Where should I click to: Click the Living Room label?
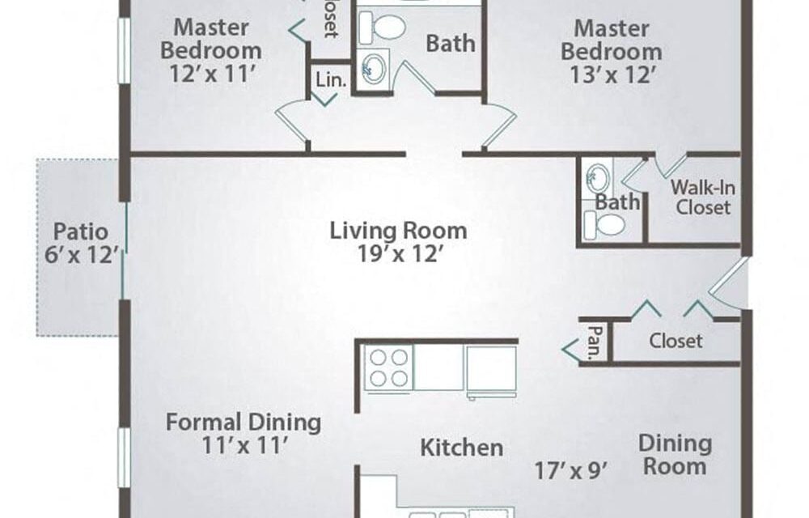pyautogui.click(x=398, y=231)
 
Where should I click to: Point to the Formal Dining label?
pyautogui.click(x=244, y=422)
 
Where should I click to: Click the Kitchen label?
pyautogui.click(x=461, y=447)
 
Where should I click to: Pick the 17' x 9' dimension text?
pyautogui.click(x=571, y=469)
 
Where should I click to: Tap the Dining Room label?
pyautogui.click(x=675, y=454)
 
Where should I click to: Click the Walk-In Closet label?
pyautogui.click(x=703, y=197)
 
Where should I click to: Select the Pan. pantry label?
pyautogui.click(x=593, y=341)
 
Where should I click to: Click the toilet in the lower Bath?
pyautogui.click(x=609, y=224)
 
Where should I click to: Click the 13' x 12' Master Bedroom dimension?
pyautogui.click(x=611, y=75)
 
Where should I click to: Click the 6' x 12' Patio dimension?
pyautogui.click(x=83, y=257)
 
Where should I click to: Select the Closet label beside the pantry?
pyautogui.click(x=676, y=341)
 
